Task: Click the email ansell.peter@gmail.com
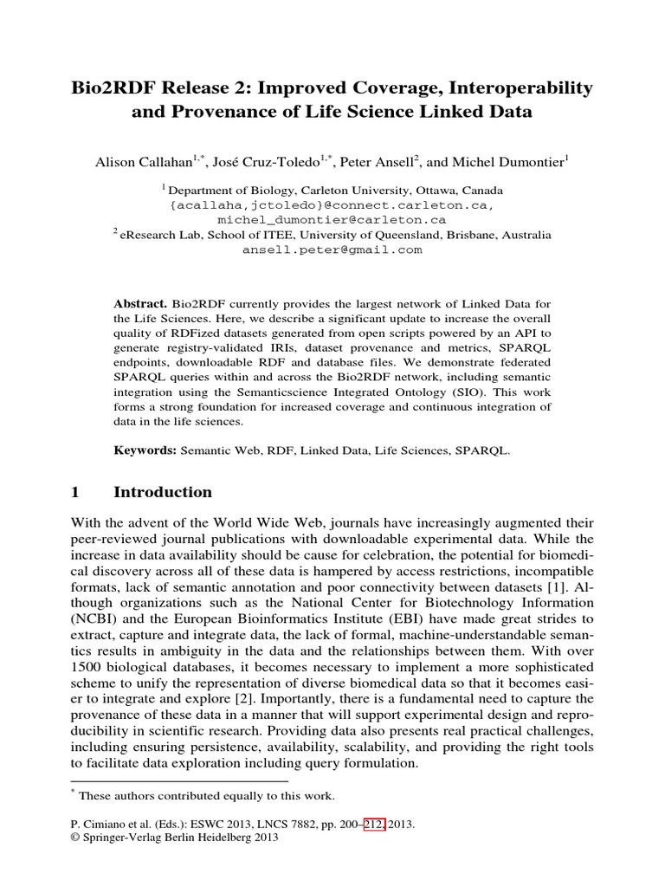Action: tap(332, 249)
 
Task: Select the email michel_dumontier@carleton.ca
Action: tap(332, 220)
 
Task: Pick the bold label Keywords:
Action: tap(145, 450)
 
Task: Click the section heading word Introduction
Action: tap(163, 492)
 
